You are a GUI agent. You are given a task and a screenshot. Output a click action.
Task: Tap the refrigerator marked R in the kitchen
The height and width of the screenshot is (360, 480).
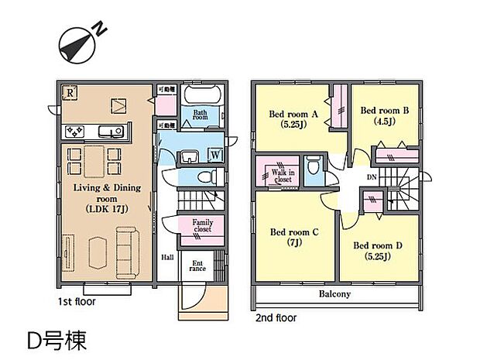point(69,91)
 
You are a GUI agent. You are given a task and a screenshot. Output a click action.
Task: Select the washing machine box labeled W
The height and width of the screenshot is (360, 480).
point(214,153)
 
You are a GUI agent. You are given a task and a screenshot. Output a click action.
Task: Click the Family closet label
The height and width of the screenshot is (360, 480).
point(202,226)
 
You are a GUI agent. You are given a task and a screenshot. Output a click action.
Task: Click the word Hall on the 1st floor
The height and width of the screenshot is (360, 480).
point(167,258)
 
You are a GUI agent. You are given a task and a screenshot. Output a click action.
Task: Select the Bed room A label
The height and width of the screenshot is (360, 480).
point(293,113)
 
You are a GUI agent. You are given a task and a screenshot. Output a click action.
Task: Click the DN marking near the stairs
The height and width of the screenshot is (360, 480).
point(372,177)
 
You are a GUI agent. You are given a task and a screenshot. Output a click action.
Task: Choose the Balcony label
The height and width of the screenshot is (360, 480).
point(334,294)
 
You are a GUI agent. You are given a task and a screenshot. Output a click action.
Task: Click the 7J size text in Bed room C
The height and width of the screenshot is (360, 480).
point(293,242)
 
